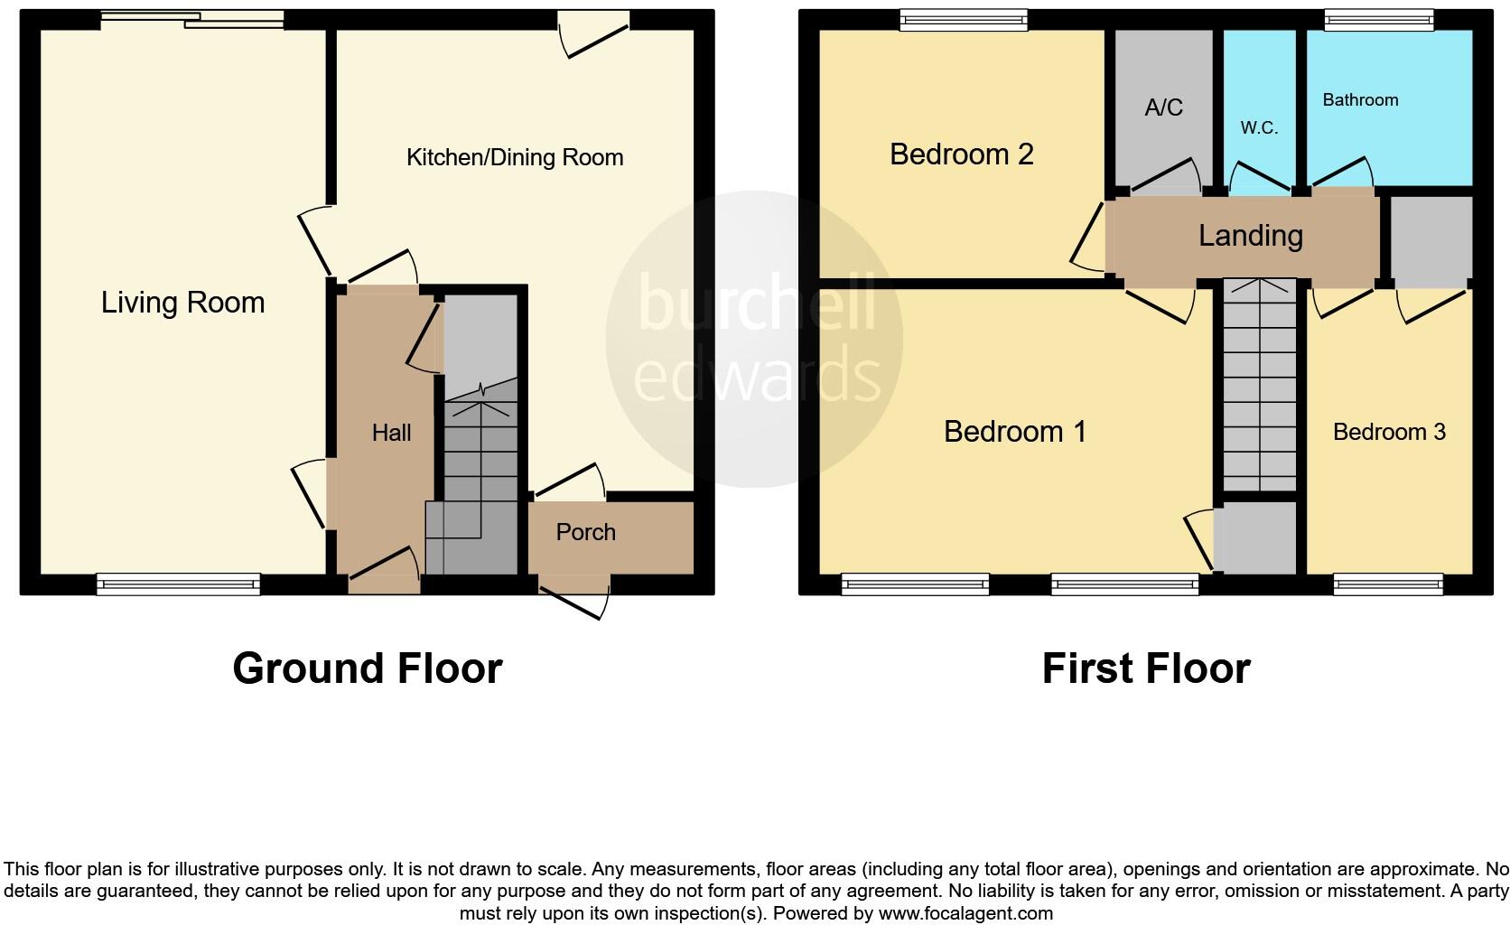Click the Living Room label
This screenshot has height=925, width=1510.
tap(182, 302)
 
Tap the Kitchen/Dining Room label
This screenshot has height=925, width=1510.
tap(515, 157)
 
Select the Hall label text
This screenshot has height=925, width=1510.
tap(391, 433)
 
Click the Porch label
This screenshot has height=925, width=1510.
tap(585, 532)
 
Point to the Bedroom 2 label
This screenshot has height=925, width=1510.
tap(961, 154)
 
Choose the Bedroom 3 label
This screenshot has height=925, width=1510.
tap(1389, 432)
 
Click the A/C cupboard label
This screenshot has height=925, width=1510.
tap(1163, 108)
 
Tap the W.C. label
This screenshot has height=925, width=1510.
tap(1259, 128)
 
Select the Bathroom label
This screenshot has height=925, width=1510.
tap(1360, 100)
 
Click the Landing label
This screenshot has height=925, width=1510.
tap(1250, 236)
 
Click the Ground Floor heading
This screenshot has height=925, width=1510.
tap(367, 668)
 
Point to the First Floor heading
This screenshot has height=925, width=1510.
tap(1145, 668)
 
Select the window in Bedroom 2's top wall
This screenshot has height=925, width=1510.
tap(964, 19)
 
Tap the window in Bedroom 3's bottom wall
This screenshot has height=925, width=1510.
tap(1388, 585)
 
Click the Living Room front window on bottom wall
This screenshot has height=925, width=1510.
tap(179, 585)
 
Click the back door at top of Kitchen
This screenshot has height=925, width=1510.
tap(593, 34)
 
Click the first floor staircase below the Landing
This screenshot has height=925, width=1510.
tap(1259, 388)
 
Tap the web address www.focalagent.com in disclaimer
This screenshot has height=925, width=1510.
tap(965, 913)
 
